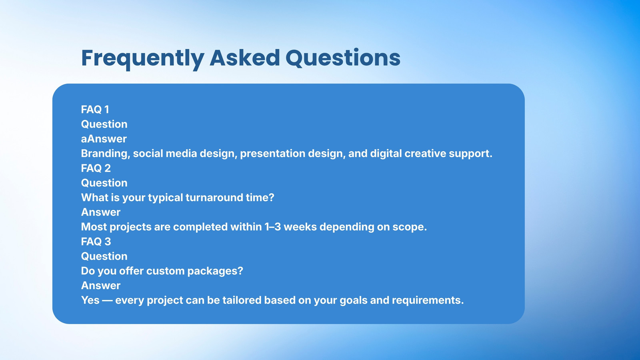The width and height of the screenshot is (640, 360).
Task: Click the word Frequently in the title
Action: tap(142, 59)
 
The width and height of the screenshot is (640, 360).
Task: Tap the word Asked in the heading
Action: tap(244, 58)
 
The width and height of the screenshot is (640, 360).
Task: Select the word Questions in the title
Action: tap(343, 58)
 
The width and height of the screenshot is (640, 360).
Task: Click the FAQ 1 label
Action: tap(95, 110)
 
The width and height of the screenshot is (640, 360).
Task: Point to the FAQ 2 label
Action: tap(96, 168)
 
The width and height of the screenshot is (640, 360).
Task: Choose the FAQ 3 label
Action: tap(96, 242)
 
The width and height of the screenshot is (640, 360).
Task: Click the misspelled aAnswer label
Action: tap(104, 139)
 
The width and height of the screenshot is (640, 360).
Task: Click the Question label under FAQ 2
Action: tap(104, 183)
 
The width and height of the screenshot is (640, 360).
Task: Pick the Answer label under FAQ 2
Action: tap(100, 212)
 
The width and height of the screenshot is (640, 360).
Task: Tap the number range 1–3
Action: tap(272, 227)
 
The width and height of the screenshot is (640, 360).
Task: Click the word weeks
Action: tap(300, 227)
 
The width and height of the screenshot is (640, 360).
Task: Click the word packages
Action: tap(215, 271)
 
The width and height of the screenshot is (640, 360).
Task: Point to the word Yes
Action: tap(90, 300)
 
